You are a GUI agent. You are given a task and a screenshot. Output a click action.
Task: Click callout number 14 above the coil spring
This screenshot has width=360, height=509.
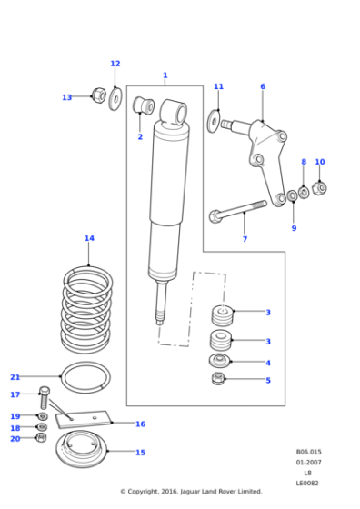coord(89,239)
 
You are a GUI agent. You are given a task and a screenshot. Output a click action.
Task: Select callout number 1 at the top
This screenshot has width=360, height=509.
coord(165,75)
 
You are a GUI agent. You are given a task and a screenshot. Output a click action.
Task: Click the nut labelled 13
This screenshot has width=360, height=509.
coord(97,95)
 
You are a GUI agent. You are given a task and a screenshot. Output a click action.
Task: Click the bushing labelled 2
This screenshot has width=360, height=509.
coord(144,107)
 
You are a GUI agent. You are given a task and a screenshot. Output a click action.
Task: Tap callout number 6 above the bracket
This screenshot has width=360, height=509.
coord(263,87)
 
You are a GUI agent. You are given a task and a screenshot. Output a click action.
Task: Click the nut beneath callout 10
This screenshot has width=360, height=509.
coord(318,188)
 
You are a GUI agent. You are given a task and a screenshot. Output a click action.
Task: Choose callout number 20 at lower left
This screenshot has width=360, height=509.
coord(15,439)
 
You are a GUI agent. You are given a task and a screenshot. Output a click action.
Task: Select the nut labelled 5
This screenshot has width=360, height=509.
coord(218,378)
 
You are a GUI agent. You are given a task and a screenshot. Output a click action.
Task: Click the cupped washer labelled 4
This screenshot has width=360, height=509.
coord(218,363)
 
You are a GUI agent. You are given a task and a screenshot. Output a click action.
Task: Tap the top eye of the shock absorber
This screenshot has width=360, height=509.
coord(174,112)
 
